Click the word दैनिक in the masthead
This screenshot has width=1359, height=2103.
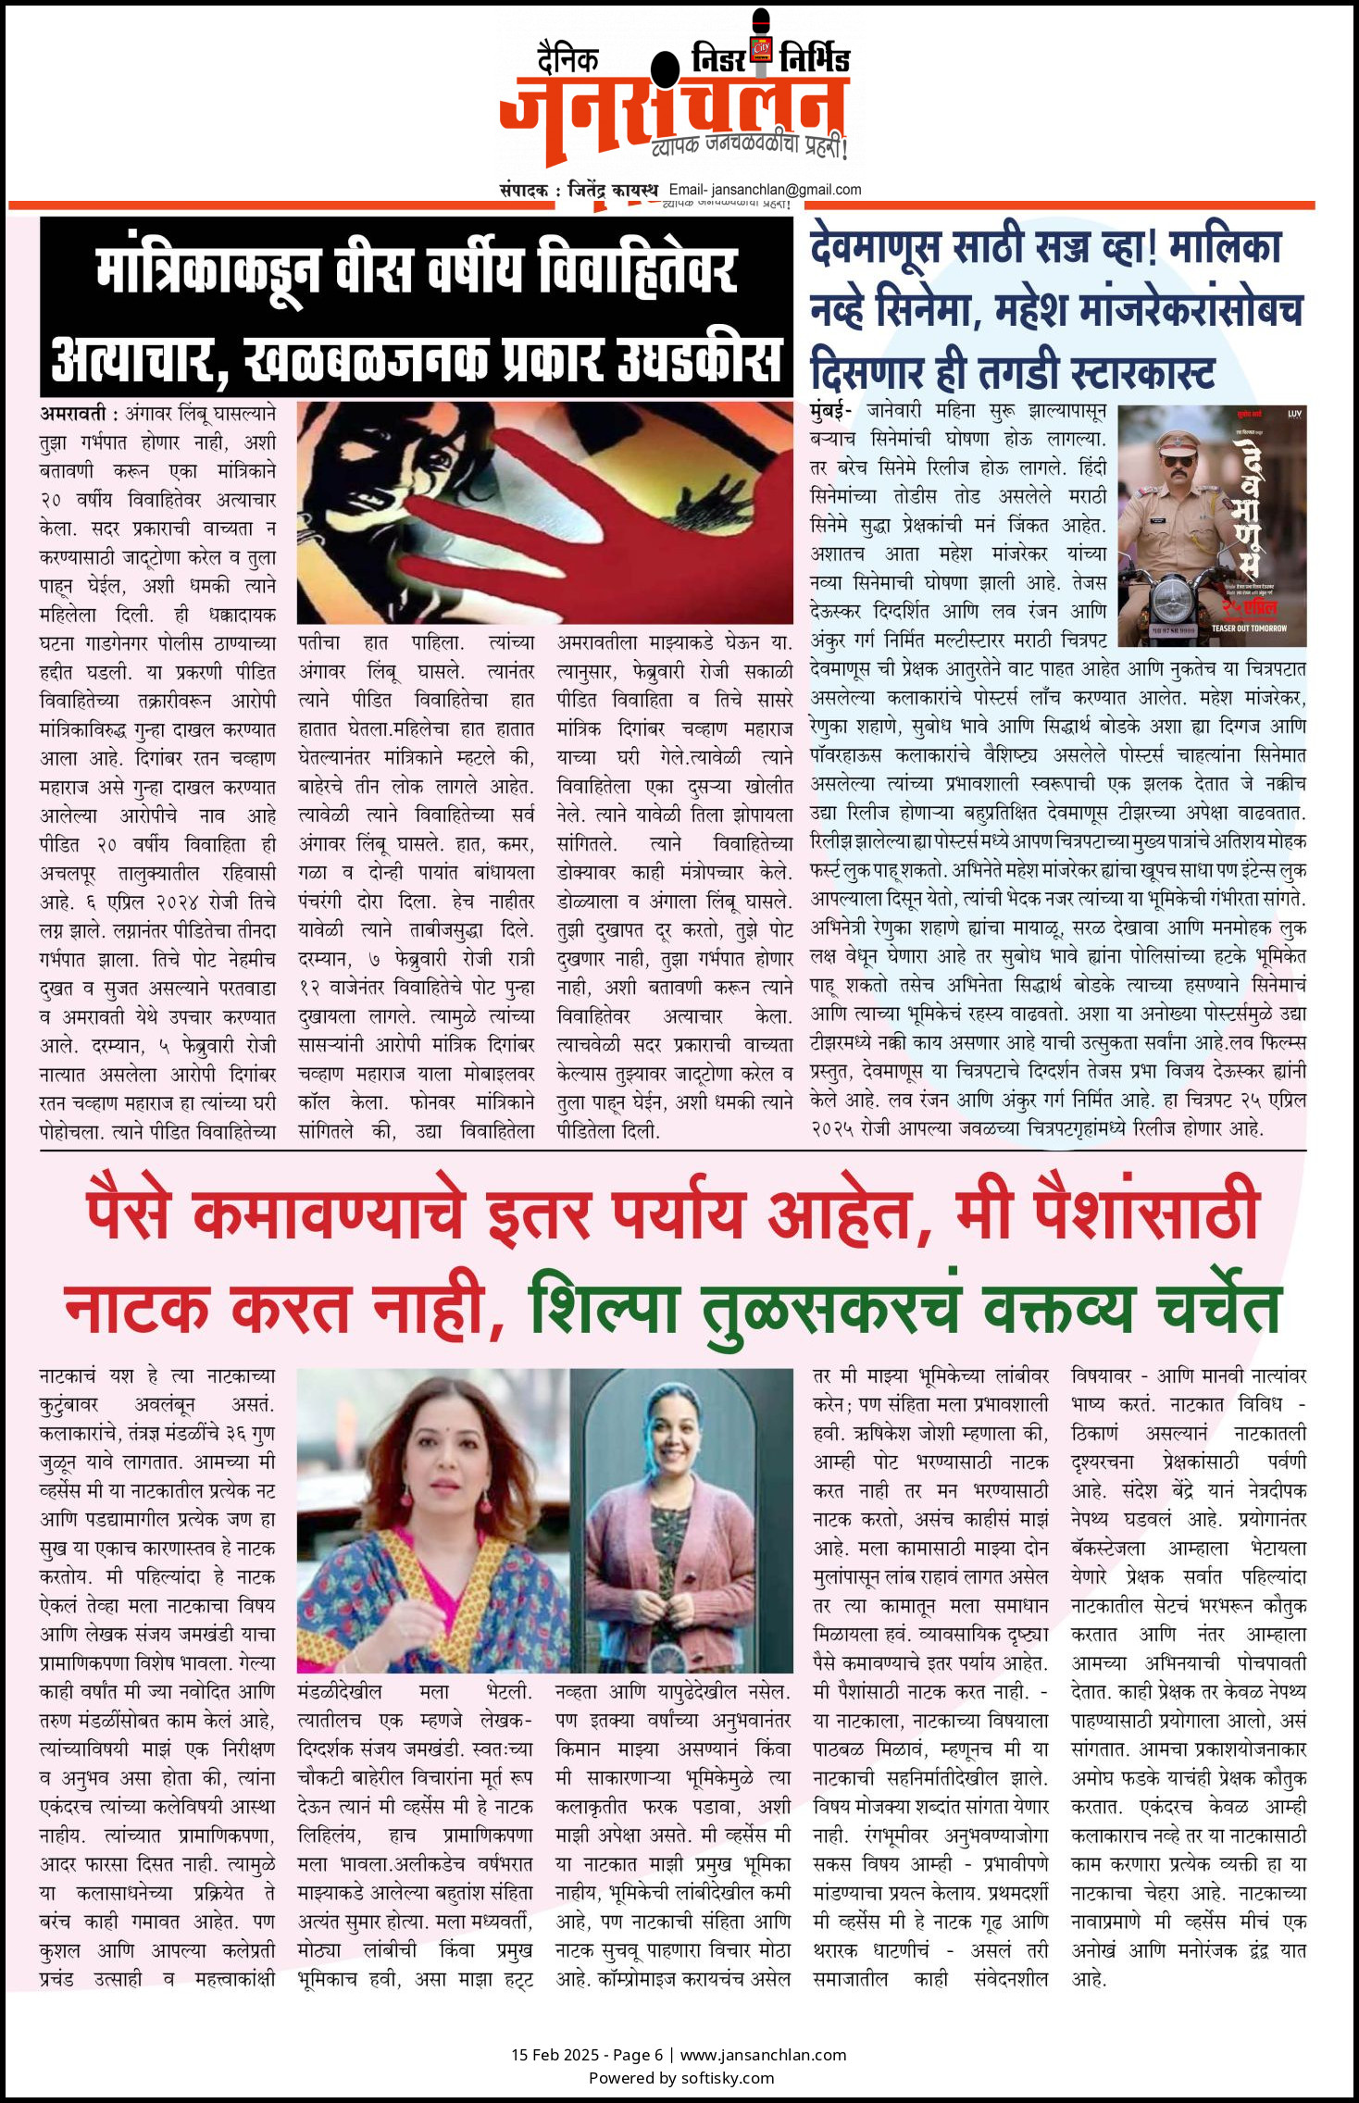click(x=567, y=60)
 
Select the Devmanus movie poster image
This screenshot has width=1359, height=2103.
click(x=1212, y=525)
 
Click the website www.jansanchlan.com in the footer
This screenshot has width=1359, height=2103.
click(x=763, y=2055)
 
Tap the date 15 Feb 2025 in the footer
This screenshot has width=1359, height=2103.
click(x=553, y=2055)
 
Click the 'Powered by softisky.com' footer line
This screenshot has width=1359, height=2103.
click(x=680, y=2077)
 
